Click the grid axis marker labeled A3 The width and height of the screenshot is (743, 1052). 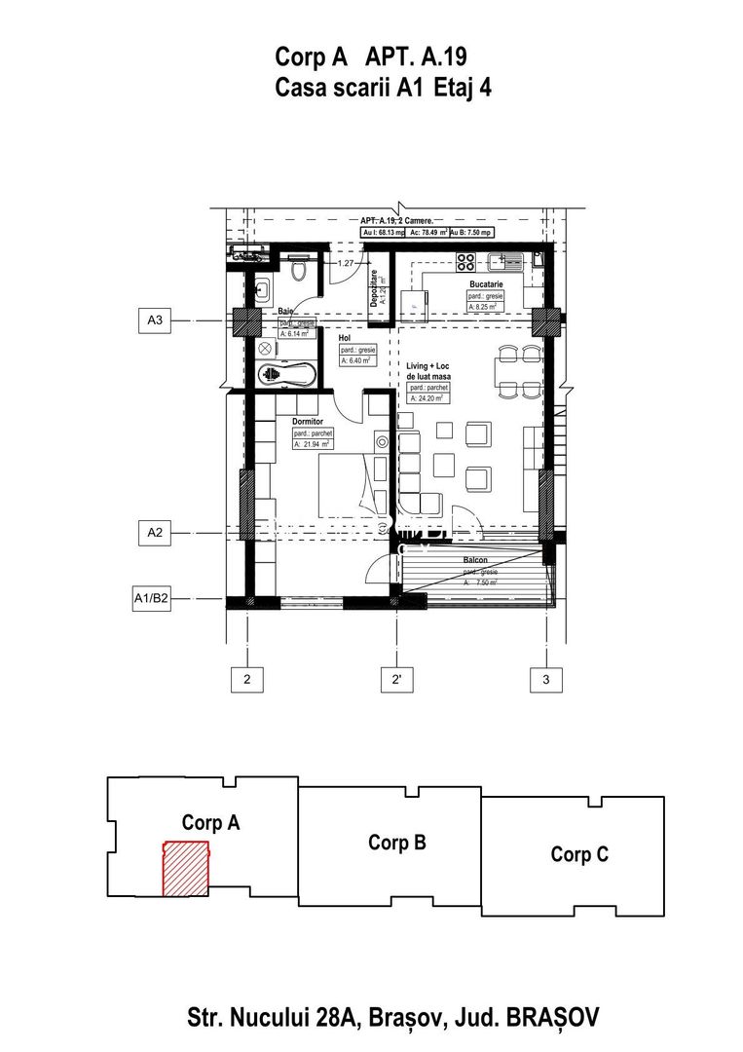pos(154,319)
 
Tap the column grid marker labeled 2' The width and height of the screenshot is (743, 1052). pos(396,679)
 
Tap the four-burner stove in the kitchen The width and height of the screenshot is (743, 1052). pos(466,261)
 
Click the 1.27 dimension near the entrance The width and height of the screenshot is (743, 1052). pos(346,263)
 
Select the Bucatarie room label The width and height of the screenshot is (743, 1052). pos(486,284)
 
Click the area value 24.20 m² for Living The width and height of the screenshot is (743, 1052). pos(429,397)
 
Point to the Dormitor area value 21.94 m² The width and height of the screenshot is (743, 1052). pos(312,444)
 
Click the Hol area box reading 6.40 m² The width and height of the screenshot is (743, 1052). pos(357,359)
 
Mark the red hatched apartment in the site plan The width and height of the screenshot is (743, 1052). pos(185,869)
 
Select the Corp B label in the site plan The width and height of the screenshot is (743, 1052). pos(396,843)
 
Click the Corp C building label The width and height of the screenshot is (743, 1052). pos(579,854)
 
